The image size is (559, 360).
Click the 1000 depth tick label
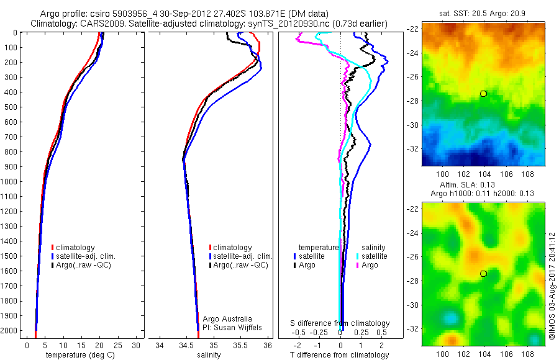(10, 181)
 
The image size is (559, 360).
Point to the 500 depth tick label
(12, 107)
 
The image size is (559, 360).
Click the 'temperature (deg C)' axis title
(78, 355)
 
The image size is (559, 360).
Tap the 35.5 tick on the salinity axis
(240, 345)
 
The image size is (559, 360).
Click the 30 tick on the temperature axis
(137, 345)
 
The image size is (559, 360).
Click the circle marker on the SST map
(483, 94)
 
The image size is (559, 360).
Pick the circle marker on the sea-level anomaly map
(483, 274)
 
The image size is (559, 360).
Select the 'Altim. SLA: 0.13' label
(476, 185)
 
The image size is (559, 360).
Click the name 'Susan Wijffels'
(232, 327)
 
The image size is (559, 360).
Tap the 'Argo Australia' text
(227, 319)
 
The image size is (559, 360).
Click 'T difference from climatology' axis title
(340, 355)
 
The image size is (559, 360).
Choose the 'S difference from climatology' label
(340, 323)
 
